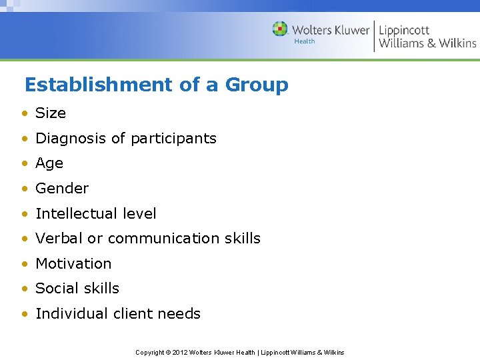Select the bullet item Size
pos(51,113)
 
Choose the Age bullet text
pos(49,163)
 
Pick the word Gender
pos(62,189)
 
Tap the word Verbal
pos(58,239)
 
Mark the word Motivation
pos(73,264)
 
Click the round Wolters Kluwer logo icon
pos(280,29)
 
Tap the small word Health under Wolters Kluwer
pos(305,41)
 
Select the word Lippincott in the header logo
pos(404,30)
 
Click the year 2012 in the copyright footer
pos(181,352)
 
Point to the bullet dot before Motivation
pos(24,264)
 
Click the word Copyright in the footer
pos(149,352)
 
